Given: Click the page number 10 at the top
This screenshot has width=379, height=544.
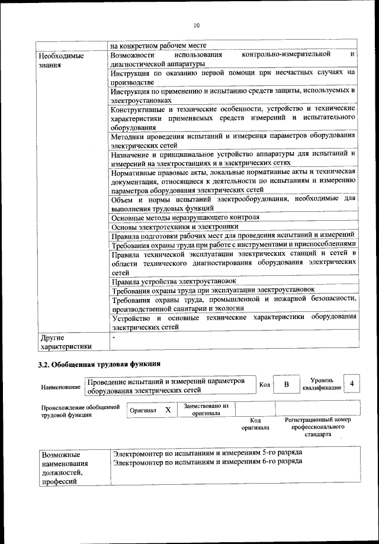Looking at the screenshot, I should pos(196,25).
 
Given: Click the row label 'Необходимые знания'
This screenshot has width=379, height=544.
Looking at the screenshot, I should pos(60,60).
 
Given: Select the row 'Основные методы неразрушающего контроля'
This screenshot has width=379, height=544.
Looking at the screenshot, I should pos(185,217).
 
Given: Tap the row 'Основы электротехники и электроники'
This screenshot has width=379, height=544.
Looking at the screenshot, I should pos(175,226).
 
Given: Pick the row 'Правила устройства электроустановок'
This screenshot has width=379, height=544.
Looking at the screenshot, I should pos(174,281).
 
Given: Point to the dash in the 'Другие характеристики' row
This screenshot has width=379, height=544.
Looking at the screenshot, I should pos(114,337).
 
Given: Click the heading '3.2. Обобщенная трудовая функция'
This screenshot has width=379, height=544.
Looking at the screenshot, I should pos(99,363).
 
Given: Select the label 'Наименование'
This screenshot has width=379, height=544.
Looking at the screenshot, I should pos(61,387).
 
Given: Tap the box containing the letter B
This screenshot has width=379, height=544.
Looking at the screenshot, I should pos(286,385).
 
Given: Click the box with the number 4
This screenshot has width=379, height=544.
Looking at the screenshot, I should pos(352,384).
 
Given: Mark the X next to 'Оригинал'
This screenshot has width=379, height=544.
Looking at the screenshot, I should pos(168,410).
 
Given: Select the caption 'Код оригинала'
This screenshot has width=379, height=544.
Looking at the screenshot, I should pos(255,423).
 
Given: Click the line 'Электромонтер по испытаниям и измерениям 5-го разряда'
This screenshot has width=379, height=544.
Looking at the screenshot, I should pos(208,453).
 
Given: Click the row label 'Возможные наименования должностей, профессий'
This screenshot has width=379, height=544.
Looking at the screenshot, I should pos(64,468).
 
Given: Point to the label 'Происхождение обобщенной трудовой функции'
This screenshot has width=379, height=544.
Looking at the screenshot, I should pos(81,411).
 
